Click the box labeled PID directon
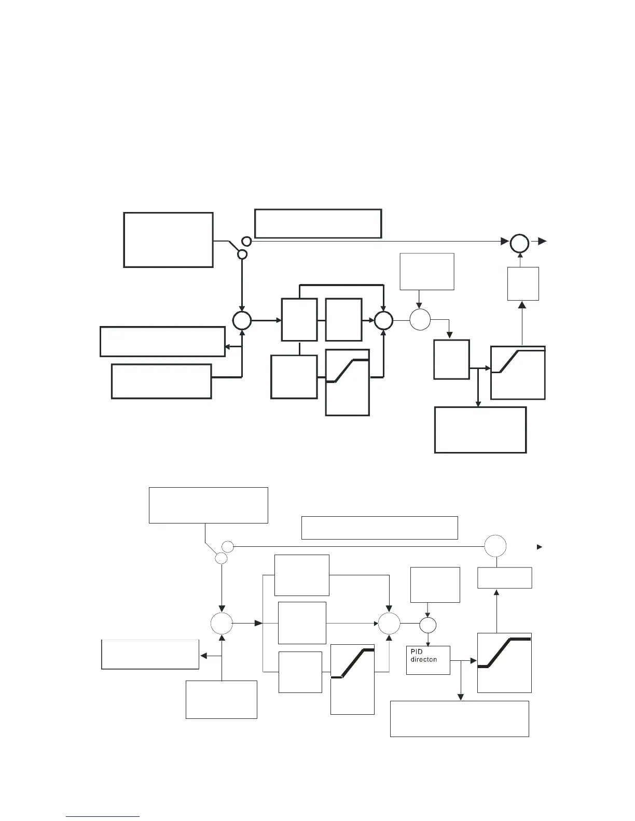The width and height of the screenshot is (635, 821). pos(428,660)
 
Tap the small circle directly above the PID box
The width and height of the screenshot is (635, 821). pos(428,625)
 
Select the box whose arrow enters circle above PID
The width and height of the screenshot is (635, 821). pos(435,585)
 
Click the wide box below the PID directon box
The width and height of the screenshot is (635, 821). pos(459,718)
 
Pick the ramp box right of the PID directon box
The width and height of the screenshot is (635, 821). pos(504,662)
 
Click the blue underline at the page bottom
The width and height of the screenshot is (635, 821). pos(103,816)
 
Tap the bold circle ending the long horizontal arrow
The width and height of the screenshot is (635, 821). pos(519,243)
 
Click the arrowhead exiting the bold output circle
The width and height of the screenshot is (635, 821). pos(542,242)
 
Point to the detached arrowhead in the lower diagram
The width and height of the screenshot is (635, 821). pos(540,547)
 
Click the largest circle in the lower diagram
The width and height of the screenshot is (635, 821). pos(495,546)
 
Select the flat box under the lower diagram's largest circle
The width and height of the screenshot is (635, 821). pos(504,578)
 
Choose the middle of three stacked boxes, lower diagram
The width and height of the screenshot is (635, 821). pos(302,622)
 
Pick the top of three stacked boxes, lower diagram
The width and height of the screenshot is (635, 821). pos(301,575)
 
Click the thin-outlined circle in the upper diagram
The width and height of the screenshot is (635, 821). pos(420,319)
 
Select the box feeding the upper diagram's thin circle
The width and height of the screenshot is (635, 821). pos(427,272)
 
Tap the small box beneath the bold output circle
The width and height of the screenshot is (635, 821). pos(522,284)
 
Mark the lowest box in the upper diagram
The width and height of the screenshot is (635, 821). pos(480,430)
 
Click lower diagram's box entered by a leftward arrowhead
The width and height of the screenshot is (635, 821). pos(150,654)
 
